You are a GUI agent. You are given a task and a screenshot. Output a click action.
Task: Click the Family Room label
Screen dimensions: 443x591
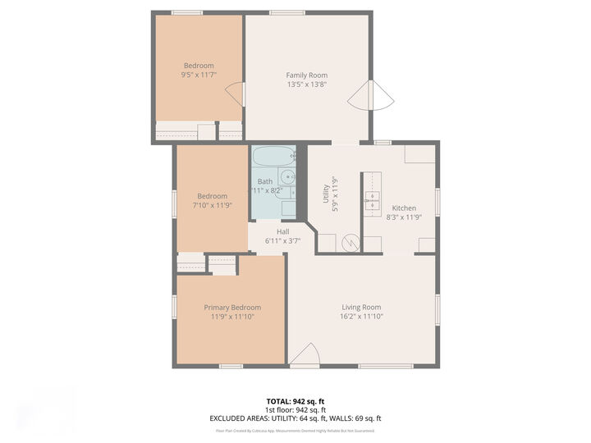tap(306, 75)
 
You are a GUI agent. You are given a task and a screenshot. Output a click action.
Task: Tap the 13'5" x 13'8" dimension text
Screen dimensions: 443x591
tap(306, 84)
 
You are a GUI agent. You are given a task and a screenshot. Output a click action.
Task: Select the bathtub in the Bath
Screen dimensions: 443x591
tap(272, 155)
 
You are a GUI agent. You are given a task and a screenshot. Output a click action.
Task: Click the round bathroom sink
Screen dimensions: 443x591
tap(287, 177)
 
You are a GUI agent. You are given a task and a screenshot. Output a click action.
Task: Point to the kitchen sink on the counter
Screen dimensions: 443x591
tap(373, 198)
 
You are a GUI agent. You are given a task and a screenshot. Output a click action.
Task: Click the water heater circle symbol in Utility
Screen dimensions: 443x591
tap(350, 243)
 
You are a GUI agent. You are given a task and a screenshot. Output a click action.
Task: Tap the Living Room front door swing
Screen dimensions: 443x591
tap(304, 354)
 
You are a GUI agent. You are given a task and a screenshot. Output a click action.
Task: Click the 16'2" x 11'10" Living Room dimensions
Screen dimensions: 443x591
tap(362, 317)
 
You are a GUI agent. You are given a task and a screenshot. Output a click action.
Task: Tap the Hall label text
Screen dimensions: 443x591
tap(282, 231)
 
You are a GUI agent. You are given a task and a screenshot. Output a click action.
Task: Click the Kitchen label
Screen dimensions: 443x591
tap(403, 208)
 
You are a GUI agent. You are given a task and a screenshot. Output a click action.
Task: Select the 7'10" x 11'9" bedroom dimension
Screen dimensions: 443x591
tap(212, 205)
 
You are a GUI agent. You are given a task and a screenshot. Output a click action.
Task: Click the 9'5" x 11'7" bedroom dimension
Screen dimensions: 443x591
tap(199, 75)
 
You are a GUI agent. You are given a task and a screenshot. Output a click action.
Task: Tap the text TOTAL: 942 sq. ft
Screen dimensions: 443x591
tap(295, 400)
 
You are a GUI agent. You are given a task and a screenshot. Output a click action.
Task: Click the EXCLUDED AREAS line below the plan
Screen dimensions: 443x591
tap(295, 418)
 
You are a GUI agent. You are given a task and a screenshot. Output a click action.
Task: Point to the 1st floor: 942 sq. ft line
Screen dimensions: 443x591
tap(295, 409)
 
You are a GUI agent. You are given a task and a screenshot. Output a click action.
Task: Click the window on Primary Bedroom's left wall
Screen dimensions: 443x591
tap(174, 306)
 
